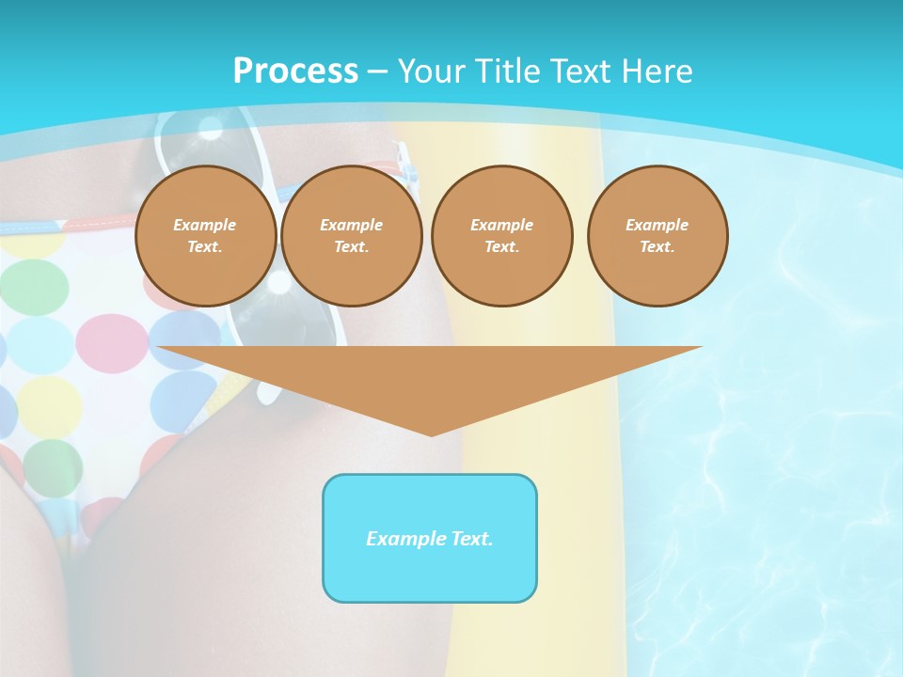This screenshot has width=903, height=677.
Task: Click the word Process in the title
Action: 295,71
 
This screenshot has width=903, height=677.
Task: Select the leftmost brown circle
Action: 205,236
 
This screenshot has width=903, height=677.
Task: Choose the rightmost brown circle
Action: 657,236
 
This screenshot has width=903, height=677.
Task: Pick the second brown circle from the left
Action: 352,236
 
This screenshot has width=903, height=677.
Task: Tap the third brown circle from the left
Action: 502,236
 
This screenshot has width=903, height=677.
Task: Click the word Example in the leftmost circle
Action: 205,225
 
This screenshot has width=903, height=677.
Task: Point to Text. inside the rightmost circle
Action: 657,247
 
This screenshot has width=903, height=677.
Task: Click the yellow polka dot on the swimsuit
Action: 49,407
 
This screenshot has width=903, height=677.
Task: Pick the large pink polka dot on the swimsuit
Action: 111,343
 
